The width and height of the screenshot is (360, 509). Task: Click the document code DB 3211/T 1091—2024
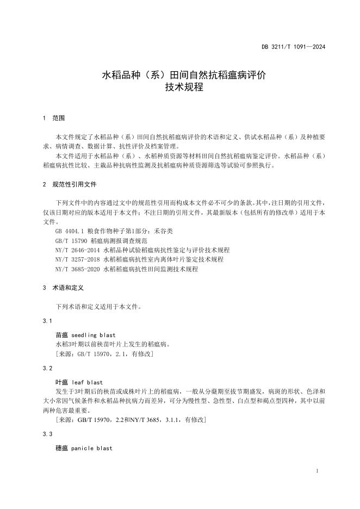293,47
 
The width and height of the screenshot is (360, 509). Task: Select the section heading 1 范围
53,118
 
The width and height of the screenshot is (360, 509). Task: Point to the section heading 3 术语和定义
63,288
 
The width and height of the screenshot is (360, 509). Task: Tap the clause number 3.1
47,321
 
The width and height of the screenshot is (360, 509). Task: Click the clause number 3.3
47,434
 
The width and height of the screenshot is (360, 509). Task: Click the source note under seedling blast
104,354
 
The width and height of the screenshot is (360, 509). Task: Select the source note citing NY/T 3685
131,420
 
